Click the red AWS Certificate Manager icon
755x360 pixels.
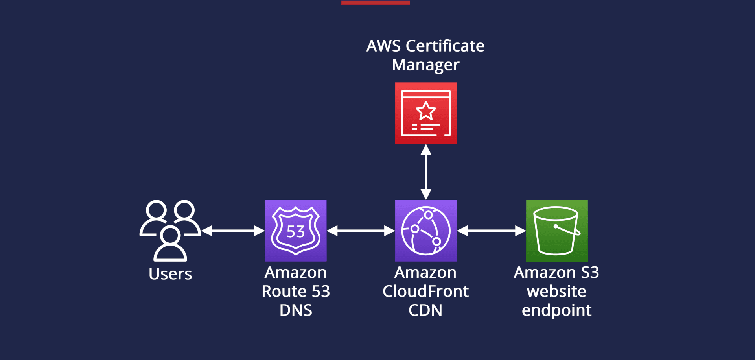point(426,113)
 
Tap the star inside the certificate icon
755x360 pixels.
point(426,111)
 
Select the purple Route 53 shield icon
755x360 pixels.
point(296,231)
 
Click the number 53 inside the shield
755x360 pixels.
point(296,232)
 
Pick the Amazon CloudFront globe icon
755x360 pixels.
point(426,231)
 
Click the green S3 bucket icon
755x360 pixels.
point(557,231)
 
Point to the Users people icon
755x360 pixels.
point(170,230)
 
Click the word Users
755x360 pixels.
point(170,274)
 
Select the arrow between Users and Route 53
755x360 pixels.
point(233,231)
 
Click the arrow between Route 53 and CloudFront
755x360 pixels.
point(361,231)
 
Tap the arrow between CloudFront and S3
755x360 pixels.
point(491,231)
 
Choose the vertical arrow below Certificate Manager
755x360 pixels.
point(426,172)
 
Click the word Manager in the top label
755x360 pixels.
point(425,65)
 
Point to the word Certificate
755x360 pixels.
point(445,46)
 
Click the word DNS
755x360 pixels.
point(296,310)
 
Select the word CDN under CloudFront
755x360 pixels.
point(425,310)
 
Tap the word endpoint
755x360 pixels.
point(556,310)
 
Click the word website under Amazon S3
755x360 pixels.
point(556,292)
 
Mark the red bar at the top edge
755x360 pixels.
point(376,2)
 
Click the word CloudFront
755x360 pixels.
point(425,292)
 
